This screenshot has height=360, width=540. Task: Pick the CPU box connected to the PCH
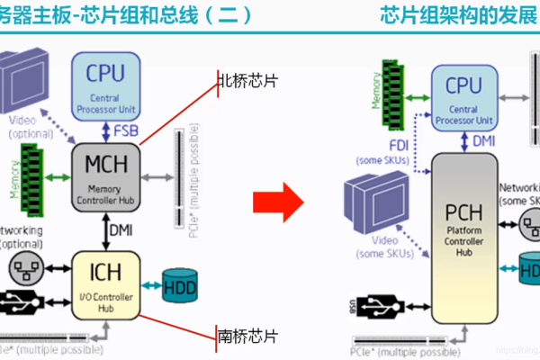[463, 96]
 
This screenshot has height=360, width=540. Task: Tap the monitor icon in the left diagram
[31, 85]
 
